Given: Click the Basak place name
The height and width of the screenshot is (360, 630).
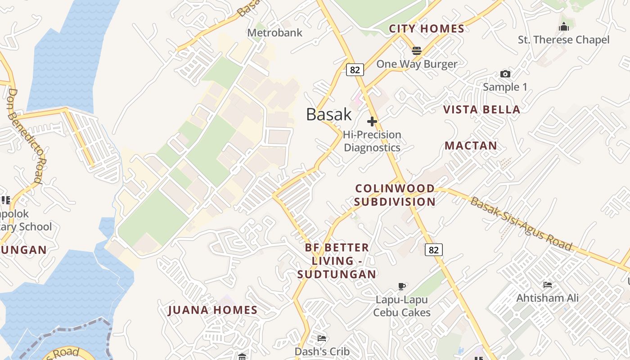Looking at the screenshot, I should (329, 114).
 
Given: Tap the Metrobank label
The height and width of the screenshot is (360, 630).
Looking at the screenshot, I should (275, 32).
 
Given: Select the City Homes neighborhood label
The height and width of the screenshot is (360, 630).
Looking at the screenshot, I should (427, 29).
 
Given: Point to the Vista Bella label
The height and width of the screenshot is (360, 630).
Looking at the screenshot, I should (481, 109).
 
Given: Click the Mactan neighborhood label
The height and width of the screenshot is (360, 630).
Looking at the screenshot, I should (471, 145).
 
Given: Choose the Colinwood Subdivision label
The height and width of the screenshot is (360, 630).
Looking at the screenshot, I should (395, 195).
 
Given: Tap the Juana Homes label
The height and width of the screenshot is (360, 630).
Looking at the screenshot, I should (213, 310).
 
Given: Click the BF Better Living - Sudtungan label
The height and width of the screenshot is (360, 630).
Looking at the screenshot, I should (337, 261).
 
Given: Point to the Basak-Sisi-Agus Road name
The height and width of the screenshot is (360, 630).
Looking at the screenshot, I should (521, 224).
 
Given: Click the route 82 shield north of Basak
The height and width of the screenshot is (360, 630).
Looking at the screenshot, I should (355, 69).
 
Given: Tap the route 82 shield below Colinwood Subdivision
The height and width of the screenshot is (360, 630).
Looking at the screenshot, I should (433, 250).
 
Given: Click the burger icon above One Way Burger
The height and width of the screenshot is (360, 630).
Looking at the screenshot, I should (417, 50).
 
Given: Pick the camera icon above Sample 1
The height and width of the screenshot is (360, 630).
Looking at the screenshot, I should (505, 74).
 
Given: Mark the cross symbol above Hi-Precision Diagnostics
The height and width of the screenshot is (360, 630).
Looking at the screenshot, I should (372, 121).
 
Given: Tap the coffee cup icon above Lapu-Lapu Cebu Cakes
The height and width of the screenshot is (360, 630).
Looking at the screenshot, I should (402, 286).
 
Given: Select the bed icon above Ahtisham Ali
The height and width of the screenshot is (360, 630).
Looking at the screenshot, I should (548, 285).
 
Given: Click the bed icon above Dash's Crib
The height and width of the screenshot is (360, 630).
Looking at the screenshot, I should (322, 338).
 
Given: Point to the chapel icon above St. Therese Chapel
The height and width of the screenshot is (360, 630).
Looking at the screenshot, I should (563, 27).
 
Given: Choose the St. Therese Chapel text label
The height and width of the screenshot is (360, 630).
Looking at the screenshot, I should (563, 40).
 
